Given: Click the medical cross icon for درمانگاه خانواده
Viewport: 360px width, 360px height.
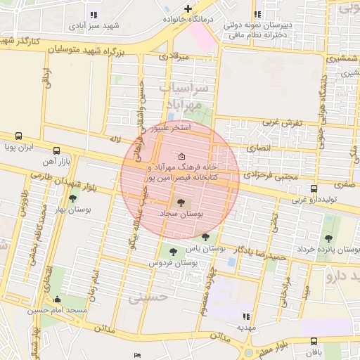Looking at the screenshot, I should (x=188, y=8).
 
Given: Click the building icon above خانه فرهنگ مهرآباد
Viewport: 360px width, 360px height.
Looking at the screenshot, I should (x=182, y=156).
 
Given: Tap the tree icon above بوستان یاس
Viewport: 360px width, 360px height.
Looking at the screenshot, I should (x=205, y=237).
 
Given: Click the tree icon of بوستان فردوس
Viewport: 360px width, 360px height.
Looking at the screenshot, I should (x=172, y=252).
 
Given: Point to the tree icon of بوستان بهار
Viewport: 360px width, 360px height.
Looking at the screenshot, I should (x=72, y=199).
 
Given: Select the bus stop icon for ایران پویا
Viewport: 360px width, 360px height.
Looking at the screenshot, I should (x=18, y=136).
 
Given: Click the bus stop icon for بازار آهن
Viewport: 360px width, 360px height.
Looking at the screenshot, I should (x=57, y=150).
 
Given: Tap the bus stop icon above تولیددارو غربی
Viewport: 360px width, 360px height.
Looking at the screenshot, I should (x=314, y=189).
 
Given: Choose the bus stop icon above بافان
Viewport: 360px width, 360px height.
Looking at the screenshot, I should (x=313, y=341).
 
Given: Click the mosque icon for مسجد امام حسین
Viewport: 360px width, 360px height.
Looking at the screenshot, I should (x=57, y=299).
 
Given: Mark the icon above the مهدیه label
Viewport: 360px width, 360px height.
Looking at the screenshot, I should (x=246, y=316).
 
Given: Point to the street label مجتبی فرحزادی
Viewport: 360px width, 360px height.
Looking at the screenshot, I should (x=273, y=175).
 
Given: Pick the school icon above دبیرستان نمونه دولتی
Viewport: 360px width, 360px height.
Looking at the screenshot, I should (x=259, y=13).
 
